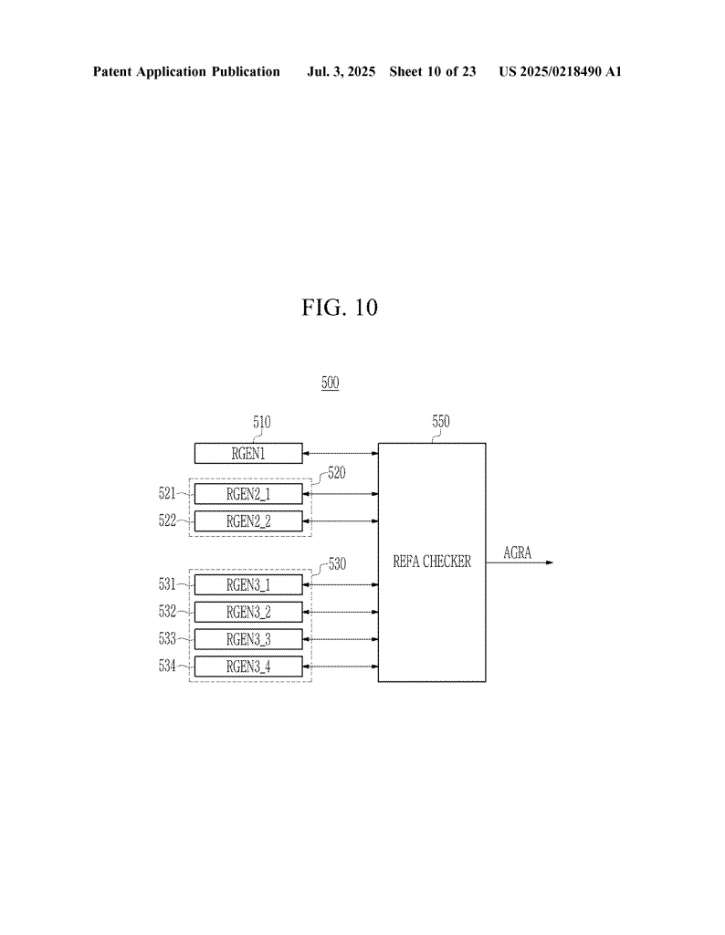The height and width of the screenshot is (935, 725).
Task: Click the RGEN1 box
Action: [x=248, y=453]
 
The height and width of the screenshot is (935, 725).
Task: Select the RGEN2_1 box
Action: [x=248, y=494]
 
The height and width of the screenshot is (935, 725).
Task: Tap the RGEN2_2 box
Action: [x=248, y=521]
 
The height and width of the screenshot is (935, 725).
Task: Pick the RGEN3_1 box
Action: [x=248, y=585]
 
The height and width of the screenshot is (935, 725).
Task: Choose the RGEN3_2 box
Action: [x=248, y=612]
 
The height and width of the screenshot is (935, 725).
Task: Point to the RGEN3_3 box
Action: [x=248, y=639]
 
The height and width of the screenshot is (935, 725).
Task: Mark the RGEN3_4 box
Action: [x=248, y=667]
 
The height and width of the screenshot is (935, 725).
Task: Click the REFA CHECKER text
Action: [x=432, y=562]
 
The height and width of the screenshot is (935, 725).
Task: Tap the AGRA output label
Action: [x=517, y=552]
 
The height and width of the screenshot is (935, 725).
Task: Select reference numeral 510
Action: [x=262, y=422]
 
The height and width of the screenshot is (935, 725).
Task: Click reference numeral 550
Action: [x=441, y=421]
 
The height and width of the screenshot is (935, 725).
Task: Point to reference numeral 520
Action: [x=337, y=473]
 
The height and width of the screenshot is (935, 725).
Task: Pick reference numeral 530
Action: [x=338, y=563]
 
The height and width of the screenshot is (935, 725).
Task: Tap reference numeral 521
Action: [x=167, y=493]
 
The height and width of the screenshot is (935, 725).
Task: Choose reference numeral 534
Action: [x=167, y=666]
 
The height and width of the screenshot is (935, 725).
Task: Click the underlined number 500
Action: [x=331, y=383]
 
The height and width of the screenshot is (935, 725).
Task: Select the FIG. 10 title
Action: [x=340, y=308]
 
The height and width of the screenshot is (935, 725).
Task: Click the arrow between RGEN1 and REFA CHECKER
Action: [x=341, y=453]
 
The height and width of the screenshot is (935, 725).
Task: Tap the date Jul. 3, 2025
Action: [x=341, y=71]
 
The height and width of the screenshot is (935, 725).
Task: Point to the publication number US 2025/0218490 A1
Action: [x=560, y=71]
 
